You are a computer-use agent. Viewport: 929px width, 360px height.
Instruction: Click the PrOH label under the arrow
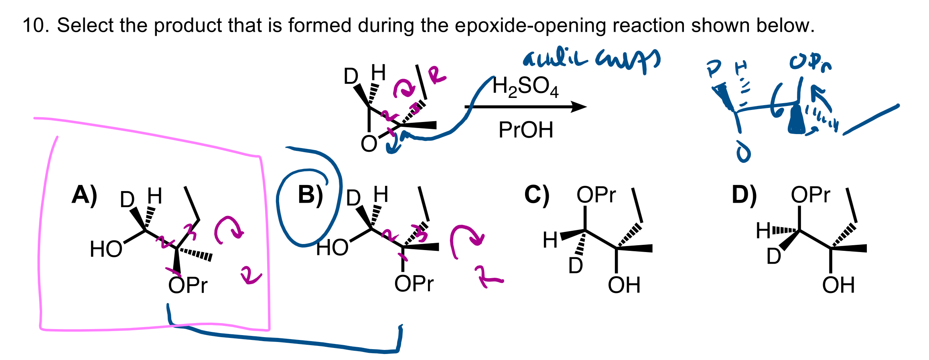(525, 130)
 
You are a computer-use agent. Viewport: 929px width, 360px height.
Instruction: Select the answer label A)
(84, 195)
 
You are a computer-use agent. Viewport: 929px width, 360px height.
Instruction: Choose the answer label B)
(310, 195)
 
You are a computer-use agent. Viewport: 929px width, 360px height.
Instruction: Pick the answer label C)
(537, 195)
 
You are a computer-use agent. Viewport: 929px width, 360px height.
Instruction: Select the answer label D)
(744, 195)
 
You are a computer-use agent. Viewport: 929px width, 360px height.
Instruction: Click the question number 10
(35, 25)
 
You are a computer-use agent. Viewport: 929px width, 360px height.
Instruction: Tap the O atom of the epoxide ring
(369, 144)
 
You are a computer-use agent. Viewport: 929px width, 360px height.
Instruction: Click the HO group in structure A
(106, 249)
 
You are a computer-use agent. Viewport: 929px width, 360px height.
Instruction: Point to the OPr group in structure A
(188, 285)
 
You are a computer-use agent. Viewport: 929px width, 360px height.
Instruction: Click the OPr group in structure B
(414, 284)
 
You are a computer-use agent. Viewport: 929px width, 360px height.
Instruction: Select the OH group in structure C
(624, 285)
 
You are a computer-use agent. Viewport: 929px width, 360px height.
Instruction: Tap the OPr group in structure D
(810, 195)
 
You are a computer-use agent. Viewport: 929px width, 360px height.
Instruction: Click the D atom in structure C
(576, 266)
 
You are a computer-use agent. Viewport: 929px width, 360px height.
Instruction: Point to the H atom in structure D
(763, 231)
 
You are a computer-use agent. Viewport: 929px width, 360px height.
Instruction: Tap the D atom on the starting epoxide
(351, 76)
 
